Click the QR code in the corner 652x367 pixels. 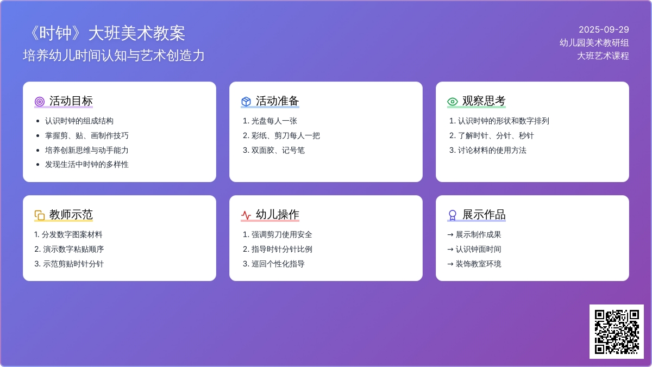617,332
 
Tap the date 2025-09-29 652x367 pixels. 604,29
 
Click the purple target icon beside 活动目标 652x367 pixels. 40,101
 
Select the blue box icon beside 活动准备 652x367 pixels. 246,101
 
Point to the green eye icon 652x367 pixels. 452,101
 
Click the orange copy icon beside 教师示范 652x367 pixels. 40,215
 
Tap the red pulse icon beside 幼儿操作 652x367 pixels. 246,215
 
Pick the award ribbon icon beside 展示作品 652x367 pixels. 452,215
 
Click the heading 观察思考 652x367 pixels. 484,101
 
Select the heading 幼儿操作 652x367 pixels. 278,214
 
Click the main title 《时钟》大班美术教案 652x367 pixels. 107,33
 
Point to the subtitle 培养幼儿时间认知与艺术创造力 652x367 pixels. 114,55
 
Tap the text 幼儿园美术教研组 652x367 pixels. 594,42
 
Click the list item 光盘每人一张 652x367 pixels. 274,121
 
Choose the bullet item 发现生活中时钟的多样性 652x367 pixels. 87,164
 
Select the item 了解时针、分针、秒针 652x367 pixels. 496,135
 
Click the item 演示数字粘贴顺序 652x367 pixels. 73,249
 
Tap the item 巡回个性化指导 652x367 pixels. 278,264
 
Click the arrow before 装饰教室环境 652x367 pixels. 450,264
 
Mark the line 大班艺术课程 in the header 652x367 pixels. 603,55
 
